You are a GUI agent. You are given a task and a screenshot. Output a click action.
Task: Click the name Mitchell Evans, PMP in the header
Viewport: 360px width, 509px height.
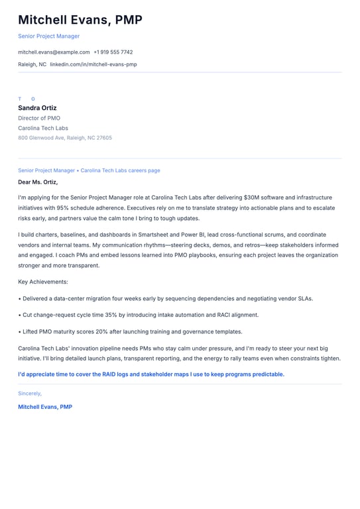80,20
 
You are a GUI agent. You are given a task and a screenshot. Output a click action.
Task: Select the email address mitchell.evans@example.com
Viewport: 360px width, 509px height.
54,52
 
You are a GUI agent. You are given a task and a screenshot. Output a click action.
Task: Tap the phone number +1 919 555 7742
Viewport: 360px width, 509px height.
113,52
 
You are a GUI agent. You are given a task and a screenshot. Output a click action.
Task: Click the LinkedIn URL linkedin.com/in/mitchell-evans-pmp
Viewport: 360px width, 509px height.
93,64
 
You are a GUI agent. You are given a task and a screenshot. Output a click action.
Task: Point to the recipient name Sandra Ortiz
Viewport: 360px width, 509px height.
37,108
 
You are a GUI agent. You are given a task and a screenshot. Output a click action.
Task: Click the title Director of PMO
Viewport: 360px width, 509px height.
39,118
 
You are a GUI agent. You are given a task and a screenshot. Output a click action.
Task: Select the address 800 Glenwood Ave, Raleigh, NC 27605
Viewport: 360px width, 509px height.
65,138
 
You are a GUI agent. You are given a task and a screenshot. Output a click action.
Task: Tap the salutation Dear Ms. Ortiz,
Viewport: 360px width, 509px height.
38,182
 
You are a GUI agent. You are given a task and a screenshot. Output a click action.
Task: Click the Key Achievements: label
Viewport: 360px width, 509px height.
43,282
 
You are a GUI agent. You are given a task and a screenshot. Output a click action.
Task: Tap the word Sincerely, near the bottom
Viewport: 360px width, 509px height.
30,393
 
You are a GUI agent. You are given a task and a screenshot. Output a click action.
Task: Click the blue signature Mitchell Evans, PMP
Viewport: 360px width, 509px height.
45,406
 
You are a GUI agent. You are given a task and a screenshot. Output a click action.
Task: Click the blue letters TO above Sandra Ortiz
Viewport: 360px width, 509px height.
27,99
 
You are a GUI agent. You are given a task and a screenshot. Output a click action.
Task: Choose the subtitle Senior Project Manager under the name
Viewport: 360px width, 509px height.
48,36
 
